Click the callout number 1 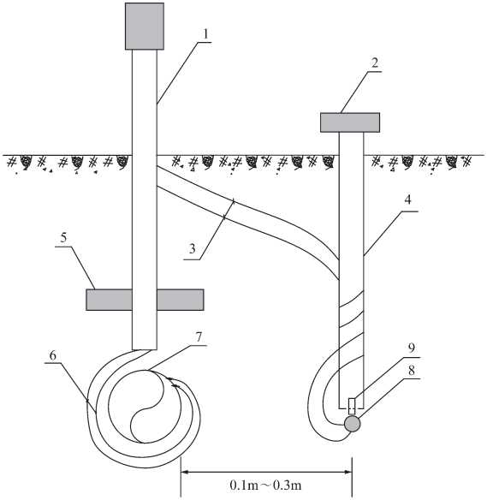point(206,34)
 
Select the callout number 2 point(375,63)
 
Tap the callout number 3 point(192,249)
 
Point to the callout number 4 point(407,200)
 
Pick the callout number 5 point(63,237)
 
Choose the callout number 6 point(53,355)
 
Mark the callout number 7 point(199,337)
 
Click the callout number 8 point(412,370)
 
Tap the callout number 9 point(412,348)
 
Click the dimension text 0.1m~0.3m point(265,485)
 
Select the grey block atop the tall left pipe point(145,27)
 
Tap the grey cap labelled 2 point(350,122)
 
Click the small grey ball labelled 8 point(353,424)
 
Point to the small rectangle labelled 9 point(352,406)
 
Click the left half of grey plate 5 point(109,300)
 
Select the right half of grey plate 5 point(181,300)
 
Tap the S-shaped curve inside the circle point(147,407)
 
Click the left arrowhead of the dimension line point(186,472)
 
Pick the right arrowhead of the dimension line point(347,472)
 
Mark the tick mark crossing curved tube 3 point(229,209)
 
